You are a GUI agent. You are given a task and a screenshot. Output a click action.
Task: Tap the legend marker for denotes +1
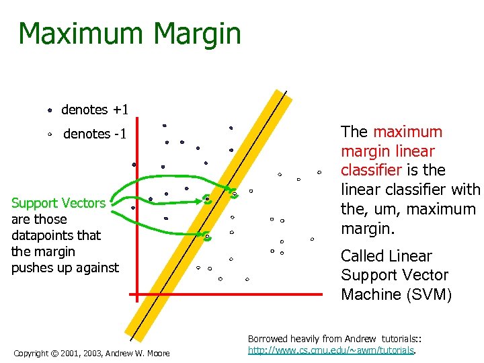tap(50, 110)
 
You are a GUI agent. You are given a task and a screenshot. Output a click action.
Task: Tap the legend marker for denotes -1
tap(50, 134)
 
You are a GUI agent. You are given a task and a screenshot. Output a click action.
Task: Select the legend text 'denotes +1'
tap(95, 110)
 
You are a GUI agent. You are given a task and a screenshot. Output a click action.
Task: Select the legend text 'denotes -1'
tap(95, 134)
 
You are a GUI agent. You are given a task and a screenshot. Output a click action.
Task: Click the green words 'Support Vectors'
tap(58, 203)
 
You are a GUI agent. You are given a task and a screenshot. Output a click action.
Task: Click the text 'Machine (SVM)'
tap(396, 294)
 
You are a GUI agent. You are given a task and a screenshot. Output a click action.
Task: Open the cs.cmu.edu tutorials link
tap(332, 350)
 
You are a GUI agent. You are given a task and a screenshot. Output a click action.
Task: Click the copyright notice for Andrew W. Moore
tap(91, 353)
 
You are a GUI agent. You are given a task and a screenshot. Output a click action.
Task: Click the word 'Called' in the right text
tap(363, 256)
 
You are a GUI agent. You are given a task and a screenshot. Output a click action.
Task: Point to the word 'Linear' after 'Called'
tap(410, 256)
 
